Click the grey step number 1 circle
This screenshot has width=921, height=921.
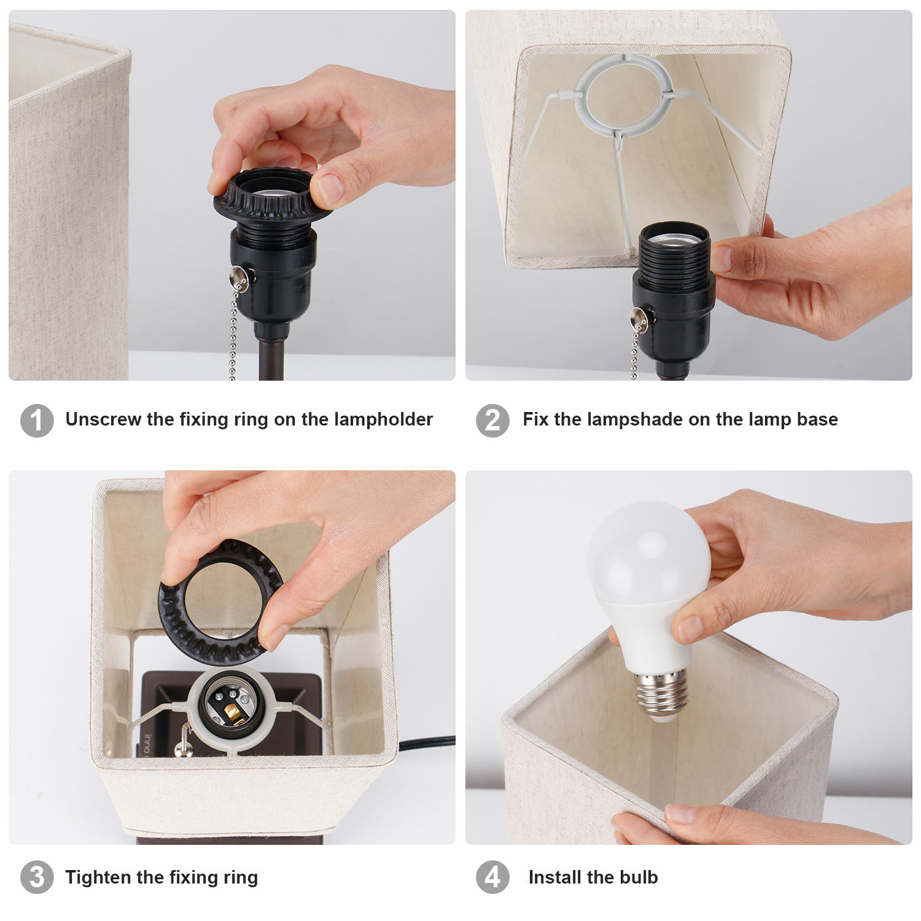point(37,421)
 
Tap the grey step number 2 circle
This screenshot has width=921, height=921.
point(492,421)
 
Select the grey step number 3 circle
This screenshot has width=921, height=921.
point(37,877)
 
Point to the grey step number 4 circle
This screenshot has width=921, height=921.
point(492,877)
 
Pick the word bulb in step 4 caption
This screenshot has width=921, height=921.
point(639,877)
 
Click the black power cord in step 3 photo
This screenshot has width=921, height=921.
point(426,744)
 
